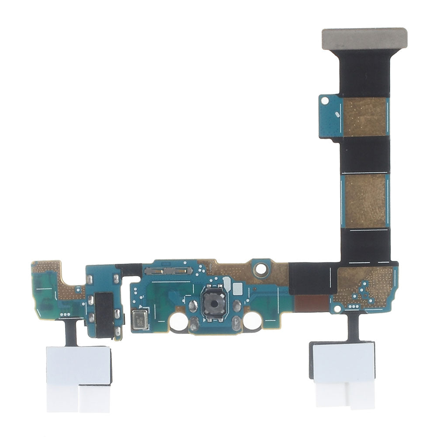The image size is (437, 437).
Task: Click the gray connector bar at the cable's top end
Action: click(x=364, y=38)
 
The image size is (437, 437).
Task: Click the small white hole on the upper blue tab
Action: click(x=325, y=101)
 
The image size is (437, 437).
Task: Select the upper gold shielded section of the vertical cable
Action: click(x=365, y=116)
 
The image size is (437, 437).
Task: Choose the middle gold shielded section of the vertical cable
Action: click(x=365, y=201)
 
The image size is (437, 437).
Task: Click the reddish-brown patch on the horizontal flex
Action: click(x=311, y=301)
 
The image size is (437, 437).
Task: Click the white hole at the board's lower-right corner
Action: click(x=337, y=309)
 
